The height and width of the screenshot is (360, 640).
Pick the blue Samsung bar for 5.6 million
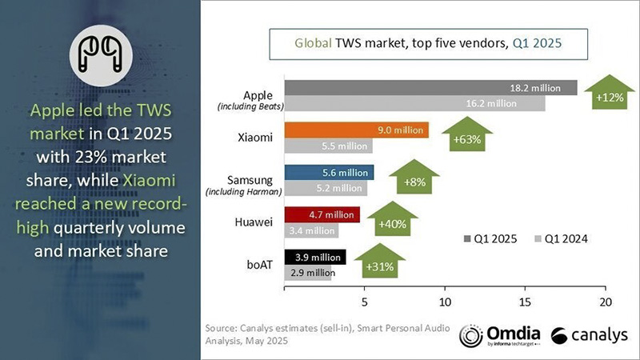[x=329, y=173]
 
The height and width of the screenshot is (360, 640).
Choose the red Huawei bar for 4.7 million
[x=322, y=214]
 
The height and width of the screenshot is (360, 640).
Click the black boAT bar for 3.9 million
[x=315, y=257]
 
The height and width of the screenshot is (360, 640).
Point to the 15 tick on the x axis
[x=525, y=302]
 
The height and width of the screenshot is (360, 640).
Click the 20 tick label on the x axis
[x=605, y=302]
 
